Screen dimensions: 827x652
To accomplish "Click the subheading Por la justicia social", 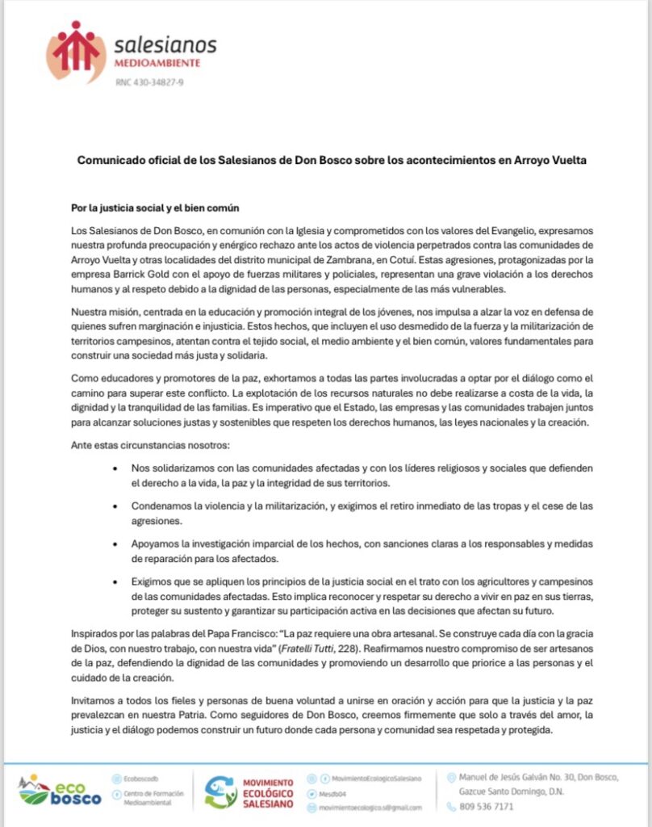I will (147, 208).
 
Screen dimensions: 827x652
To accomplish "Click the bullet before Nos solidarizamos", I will (119, 469).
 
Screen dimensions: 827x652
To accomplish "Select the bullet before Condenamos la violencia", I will (119, 506).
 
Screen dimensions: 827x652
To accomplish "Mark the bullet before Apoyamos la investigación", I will (119, 544).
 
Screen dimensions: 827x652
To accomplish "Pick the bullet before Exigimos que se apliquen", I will (119, 581).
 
